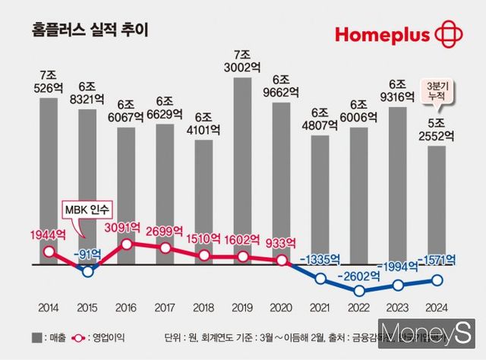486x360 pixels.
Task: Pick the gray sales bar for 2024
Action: coord(437,205)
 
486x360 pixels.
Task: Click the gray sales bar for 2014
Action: coord(49,175)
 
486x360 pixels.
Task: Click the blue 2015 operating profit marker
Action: coord(87,271)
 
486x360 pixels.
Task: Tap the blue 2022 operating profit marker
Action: coord(359,290)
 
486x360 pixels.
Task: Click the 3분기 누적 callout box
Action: coord(437,89)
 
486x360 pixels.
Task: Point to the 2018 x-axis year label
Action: coord(204,308)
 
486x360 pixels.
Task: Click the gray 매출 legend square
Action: coord(36,337)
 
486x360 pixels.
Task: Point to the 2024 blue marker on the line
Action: coord(437,280)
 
